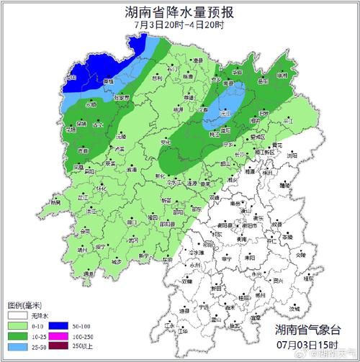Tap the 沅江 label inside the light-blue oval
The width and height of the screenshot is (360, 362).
coord(225,114)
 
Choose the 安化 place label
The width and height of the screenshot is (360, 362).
coord(166,142)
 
